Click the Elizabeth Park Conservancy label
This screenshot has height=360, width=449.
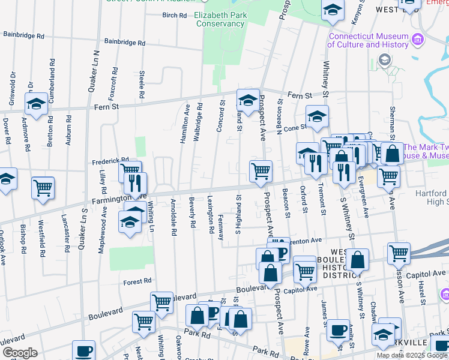click(219, 20)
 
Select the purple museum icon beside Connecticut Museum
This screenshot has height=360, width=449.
click(418, 40)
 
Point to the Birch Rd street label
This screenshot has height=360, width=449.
click(175, 15)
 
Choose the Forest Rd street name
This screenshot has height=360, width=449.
click(137, 281)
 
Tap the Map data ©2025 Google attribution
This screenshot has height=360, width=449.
click(412, 355)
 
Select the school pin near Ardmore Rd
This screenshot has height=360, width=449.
click(36, 103)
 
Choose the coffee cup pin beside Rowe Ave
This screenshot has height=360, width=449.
click(338, 330)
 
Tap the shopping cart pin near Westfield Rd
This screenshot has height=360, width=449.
click(43, 188)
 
